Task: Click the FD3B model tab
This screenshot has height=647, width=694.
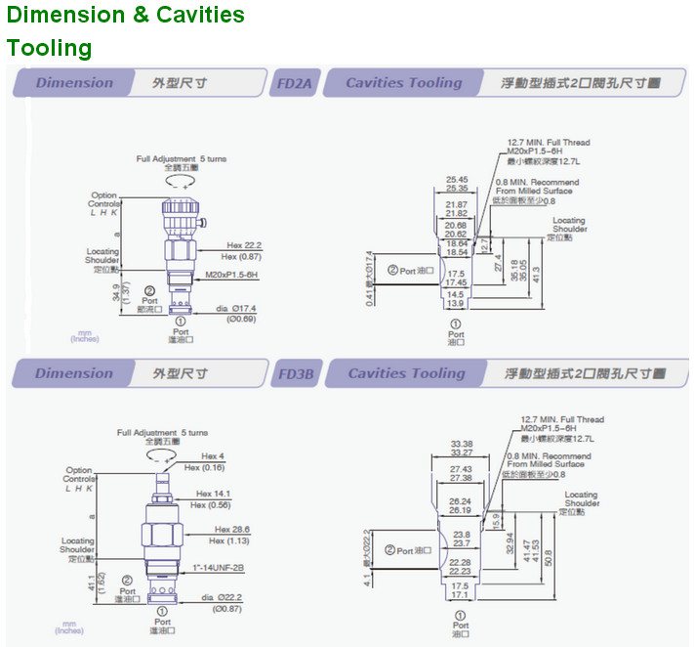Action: (296, 373)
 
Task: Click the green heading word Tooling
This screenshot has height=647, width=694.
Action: (49, 48)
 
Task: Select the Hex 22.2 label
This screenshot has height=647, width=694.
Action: (245, 245)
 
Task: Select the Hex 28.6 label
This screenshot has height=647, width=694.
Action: (233, 530)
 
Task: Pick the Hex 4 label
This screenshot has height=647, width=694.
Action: (213, 456)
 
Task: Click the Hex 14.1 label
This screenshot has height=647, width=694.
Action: (216, 494)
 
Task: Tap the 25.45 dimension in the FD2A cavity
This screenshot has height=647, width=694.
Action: (457, 179)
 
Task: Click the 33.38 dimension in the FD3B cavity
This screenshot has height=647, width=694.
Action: (462, 442)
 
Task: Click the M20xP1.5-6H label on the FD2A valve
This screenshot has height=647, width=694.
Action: (231, 276)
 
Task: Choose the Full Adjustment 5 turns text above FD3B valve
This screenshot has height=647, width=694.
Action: (162, 432)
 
